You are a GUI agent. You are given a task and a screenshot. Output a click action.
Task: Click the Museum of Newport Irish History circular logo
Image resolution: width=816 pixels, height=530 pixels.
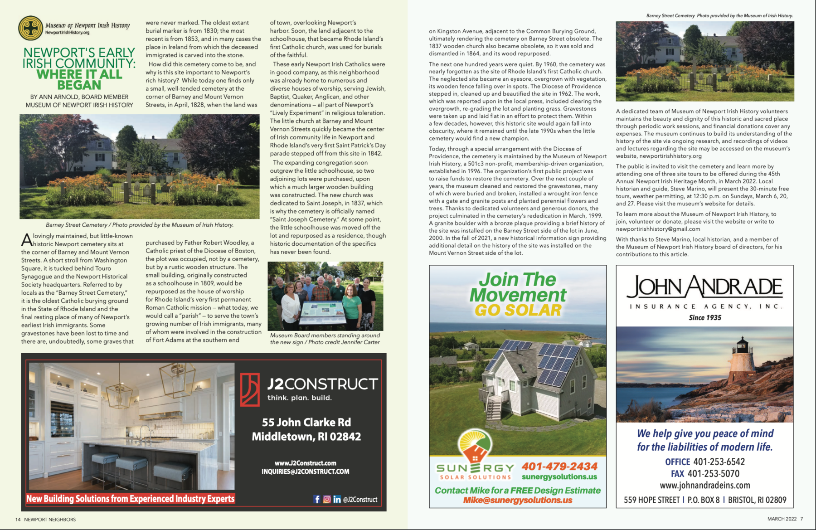pos(30,28)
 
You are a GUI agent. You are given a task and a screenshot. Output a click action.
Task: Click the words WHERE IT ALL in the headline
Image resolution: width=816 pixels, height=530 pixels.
pos(79,74)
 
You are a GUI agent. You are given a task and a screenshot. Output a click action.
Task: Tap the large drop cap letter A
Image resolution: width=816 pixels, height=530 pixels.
pos(26,240)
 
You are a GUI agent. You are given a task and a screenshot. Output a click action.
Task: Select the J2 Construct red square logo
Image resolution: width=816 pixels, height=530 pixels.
pos(250,389)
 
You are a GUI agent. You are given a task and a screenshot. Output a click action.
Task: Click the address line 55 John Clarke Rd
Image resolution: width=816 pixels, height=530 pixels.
pos(306,423)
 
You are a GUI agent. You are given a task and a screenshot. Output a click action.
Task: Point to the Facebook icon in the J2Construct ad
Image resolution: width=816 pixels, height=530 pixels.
pos(317,499)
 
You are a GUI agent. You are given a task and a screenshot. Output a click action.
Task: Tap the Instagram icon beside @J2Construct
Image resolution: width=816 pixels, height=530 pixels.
pos(327,499)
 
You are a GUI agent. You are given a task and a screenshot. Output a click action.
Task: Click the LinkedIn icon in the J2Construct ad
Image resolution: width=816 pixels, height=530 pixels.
pos(337,499)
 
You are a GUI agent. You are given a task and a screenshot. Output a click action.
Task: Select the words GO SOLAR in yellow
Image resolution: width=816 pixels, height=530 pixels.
pos(518,310)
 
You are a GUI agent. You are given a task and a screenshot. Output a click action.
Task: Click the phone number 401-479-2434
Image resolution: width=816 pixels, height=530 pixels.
pos(559,467)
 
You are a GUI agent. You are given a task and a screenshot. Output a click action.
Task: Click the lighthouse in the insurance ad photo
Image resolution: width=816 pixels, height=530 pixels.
pos(742,358)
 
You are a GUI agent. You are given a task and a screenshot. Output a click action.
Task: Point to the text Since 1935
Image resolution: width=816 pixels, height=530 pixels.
pos(705,318)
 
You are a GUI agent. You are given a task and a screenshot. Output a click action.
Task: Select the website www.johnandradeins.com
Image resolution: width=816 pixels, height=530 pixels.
pos(705,486)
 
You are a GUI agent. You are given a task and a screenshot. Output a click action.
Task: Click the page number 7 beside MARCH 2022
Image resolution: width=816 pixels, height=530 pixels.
pos(801,519)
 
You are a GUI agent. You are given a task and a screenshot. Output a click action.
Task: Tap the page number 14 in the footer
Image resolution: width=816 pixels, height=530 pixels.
pos(18,520)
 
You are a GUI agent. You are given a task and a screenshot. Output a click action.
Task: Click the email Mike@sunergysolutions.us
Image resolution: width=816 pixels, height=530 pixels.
pos(518,501)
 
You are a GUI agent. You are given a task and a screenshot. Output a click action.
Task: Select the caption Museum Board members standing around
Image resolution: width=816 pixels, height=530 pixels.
pos(325,336)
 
